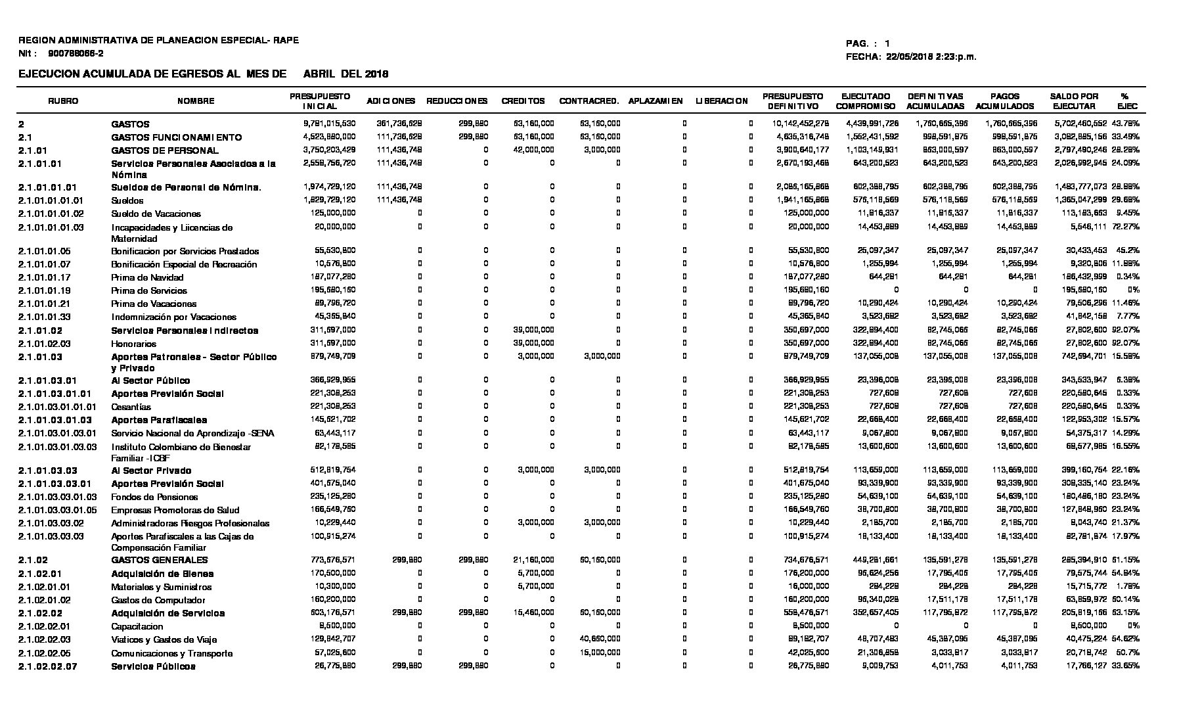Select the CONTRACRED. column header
(588, 101)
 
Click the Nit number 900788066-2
(76, 53)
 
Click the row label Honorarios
(133, 344)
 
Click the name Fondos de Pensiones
(154, 497)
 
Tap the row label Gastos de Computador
(158, 600)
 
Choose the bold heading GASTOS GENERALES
(160, 560)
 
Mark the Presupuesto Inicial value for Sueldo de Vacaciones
(332, 213)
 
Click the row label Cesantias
(131, 407)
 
